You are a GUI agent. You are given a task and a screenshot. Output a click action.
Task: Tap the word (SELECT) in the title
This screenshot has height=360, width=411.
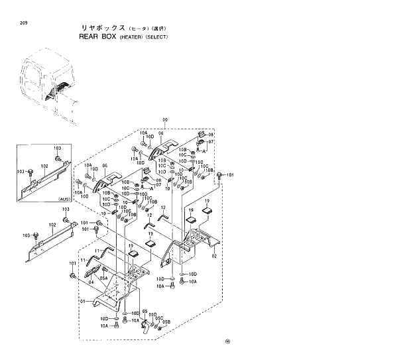[x=157, y=38]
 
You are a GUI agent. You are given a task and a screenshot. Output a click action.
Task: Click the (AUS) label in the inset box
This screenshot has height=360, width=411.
[x=64, y=199]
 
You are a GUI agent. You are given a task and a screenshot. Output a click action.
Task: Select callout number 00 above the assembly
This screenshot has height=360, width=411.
[x=164, y=121]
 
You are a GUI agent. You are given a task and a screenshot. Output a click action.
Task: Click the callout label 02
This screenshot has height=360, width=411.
[x=214, y=256]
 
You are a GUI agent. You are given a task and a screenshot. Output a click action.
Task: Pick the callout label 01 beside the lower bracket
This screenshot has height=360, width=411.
[x=83, y=300]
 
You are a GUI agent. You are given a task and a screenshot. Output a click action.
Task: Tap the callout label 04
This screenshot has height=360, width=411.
[x=91, y=282]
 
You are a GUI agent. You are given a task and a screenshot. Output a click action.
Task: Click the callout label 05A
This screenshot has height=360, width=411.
[x=104, y=279]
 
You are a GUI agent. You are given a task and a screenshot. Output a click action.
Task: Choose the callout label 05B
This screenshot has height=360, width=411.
[x=167, y=322]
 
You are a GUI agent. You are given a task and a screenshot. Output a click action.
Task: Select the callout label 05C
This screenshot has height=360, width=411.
[x=159, y=318]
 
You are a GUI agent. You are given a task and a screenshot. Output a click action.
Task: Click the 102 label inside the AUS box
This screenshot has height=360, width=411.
[x=44, y=166]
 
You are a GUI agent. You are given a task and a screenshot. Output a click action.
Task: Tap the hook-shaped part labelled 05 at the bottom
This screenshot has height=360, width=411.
[x=145, y=325]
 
